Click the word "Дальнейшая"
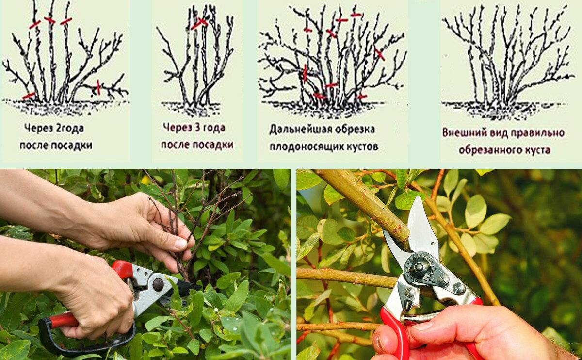click(x=299, y=130)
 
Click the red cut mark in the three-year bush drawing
click(x=199, y=23)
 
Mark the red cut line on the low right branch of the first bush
click(x=98, y=87)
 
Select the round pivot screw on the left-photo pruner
click(x=158, y=285)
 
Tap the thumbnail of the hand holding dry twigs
click(x=180, y=244)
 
